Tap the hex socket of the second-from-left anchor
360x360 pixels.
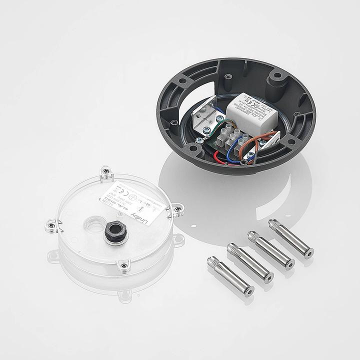click(268, 277)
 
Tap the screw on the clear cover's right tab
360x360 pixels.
click(176, 208)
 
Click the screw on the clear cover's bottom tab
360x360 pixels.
click(123, 265)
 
